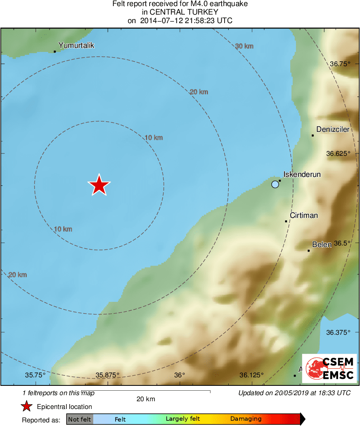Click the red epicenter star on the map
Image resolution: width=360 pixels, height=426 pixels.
click(x=99, y=185)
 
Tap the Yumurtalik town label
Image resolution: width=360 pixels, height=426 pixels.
click(x=76, y=45)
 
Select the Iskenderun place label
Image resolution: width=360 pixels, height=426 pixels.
click(x=302, y=174)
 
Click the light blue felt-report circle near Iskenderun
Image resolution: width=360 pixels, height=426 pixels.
click(x=275, y=184)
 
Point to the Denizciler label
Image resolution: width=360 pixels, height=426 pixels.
click(x=332, y=129)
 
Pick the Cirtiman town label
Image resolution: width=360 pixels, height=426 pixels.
click(x=304, y=215)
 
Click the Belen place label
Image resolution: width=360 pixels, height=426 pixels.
click(x=322, y=244)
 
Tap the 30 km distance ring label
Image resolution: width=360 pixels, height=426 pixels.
click(x=244, y=46)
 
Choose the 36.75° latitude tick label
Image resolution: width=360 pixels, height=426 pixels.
click(x=340, y=64)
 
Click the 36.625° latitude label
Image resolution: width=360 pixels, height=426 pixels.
click(x=338, y=154)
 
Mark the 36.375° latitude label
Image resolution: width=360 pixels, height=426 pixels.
click(x=338, y=332)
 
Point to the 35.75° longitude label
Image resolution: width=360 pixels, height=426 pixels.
click(x=35, y=375)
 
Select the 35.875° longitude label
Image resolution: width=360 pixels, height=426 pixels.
click(x=107, y=375)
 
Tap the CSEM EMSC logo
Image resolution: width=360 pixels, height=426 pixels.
click(x=330, y=368)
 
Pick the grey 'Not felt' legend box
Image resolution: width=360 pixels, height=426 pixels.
click(x=79, y=419)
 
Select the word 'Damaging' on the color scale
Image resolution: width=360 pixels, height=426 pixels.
click(x=246, y=419)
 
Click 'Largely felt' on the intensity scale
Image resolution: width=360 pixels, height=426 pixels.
click(x=182, y=419)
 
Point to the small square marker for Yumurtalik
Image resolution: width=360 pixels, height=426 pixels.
click(x=55, y=52)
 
